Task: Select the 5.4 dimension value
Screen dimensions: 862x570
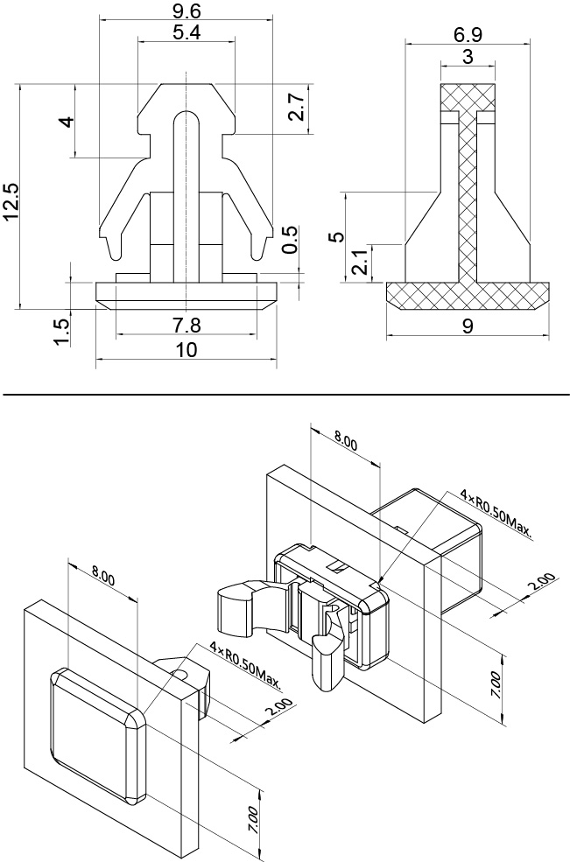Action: click(187, 33)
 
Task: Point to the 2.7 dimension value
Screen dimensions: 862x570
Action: click(296, 109)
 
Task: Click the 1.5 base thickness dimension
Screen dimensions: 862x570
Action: click(61, 333)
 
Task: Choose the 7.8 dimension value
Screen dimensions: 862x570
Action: click(186, 326)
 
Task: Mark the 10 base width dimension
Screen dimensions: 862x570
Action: click(186, 350)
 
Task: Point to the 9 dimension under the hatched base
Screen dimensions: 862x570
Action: click(468, 326)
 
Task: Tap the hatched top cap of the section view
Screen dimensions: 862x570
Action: click(468, 99)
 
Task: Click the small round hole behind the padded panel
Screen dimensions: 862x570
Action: click(180, 674)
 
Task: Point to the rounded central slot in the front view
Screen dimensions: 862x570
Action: click(181, 193)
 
